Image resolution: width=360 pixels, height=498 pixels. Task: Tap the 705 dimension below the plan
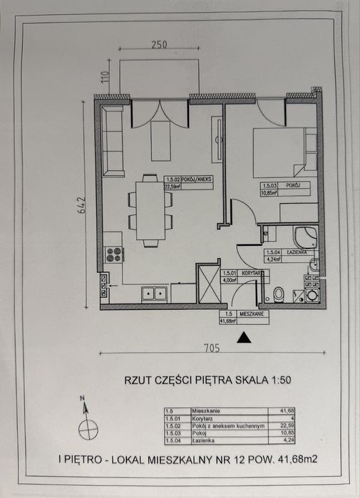point(210,348)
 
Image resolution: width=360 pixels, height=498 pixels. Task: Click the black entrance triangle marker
point(245,338)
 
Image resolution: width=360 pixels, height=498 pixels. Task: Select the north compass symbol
point(88,428)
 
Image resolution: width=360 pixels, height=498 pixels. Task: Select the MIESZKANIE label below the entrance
point(253,313)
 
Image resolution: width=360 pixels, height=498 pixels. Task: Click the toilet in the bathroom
point(279,294)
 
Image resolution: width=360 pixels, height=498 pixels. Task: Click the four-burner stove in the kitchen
point(114,254)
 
